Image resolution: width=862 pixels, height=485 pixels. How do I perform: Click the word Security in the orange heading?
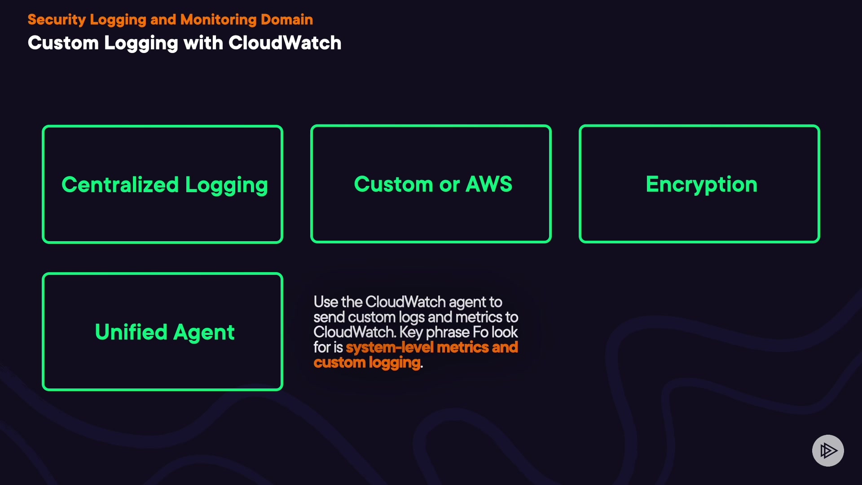tap(57, 20)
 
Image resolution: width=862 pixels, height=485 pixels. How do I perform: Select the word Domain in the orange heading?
tap(287, 19)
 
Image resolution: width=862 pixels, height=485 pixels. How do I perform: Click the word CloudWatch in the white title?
tap(285, 43)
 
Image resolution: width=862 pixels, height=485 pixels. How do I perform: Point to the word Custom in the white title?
tap(63, 43)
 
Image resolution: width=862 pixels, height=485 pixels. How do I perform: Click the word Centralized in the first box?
tap(120, 185)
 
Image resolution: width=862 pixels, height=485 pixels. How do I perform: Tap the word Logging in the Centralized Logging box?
tap(227, 185)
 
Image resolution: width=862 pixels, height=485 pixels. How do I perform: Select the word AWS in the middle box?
tap(489, 184)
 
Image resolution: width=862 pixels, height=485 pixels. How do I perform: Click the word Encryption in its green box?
tap(702, 185)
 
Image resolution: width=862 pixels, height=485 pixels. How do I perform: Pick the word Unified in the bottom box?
tap(131, 332)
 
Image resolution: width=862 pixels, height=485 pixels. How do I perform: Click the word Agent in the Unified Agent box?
tap(204, 333)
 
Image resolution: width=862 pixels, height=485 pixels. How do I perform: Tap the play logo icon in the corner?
tap(828, 450)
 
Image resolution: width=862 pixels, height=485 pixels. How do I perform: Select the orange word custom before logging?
tap(339, 362)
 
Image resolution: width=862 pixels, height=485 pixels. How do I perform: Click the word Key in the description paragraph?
tap(411, 332)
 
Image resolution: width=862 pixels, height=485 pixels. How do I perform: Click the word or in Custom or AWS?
tap(449, 185)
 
